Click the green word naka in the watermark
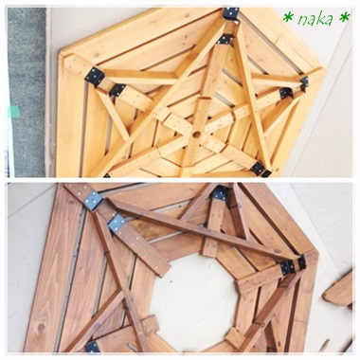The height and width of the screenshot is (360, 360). (x=315, y=20)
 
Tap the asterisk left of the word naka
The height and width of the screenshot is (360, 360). (x=288, y=18)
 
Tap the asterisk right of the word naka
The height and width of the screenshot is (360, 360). (x=345, y=17)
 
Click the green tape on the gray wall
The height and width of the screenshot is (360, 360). (x=13, y=111)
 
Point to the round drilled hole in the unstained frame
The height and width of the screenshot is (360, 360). (x=196, y=135)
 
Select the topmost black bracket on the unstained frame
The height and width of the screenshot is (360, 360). (x=231, y=14)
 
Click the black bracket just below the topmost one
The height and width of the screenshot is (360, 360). (x=225, y=40)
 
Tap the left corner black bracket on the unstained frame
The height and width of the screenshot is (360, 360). (x=94, y=77)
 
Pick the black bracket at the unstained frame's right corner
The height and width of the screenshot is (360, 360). (x=304, y=83)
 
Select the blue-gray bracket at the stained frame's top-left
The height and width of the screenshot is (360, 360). (x=93, y=200)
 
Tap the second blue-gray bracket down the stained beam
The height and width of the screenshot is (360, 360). (x=117, y=224)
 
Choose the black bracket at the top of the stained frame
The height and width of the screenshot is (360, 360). (x=220, y=193)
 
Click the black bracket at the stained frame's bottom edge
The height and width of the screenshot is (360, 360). (x=92, y=347)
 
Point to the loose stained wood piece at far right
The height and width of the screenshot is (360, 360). (x=338, y=291)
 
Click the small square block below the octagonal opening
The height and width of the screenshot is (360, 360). (x=235, y=338)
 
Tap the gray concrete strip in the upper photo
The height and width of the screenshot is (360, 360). (x=27, y=92)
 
